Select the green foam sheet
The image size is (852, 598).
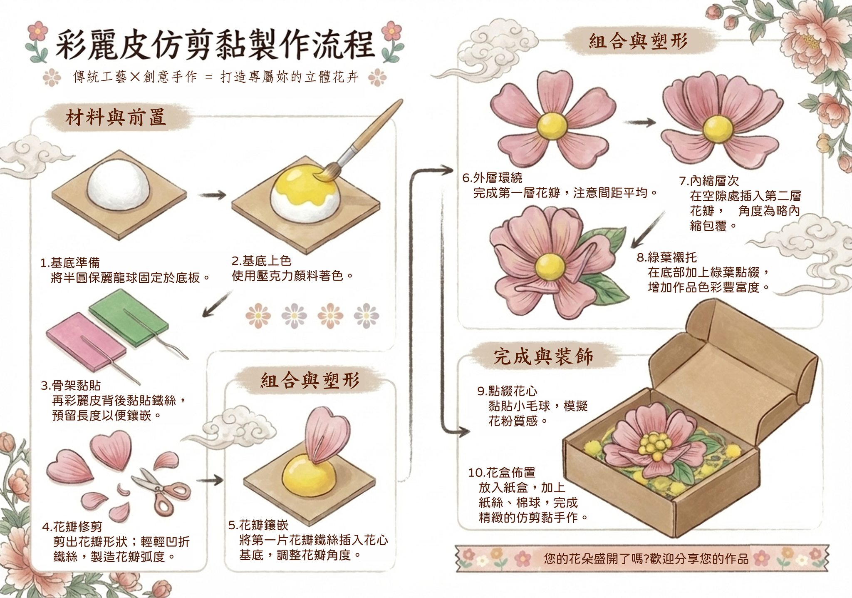(129, 316)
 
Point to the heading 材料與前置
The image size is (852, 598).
(116, 117)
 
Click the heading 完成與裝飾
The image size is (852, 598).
(543, 356)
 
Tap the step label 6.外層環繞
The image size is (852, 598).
(493, 178)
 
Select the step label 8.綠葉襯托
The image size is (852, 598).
(667, 257)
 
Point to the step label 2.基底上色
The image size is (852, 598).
(262, 261)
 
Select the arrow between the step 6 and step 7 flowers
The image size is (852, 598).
(639, 122)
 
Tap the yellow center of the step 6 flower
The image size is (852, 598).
(552, 125)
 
